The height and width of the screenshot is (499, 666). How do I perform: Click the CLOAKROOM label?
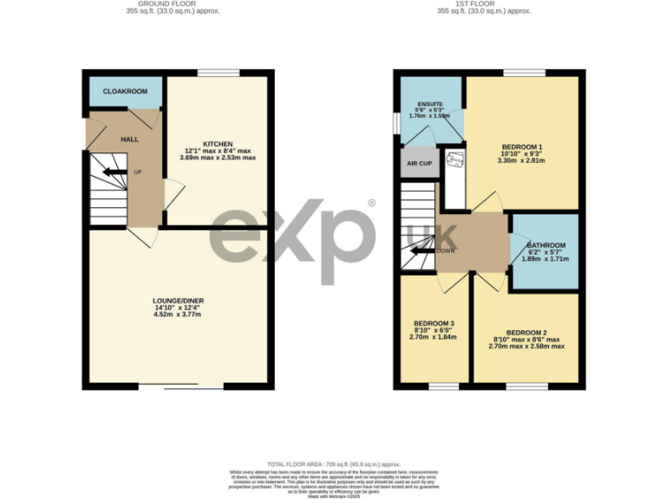tap(125, 91)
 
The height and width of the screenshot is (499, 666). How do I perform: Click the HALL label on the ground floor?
tap(129, 139)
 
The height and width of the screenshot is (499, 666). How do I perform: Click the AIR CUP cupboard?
tap(420, 163)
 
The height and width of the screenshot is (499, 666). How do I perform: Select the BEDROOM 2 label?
tap(526, 332)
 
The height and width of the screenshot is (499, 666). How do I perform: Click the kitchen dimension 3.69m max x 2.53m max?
tap(218, 158)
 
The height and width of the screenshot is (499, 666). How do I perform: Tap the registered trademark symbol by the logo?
tap(371, 203)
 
